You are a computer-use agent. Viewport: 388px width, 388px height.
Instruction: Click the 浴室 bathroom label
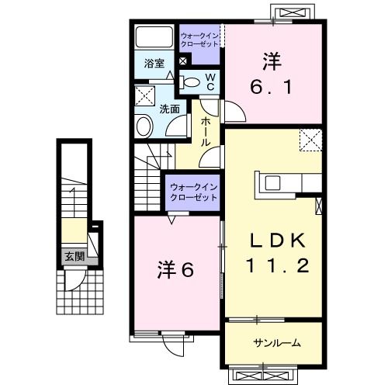click(x=153, y=64)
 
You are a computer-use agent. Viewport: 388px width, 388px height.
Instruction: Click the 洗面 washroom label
click(x=169, y=109)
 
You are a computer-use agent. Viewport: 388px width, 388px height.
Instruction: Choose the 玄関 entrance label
click(x=73, y=257)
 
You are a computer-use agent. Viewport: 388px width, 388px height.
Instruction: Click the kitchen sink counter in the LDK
click(x=275, y=183)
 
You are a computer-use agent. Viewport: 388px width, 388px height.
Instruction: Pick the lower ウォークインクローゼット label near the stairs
click(x=193, y=192)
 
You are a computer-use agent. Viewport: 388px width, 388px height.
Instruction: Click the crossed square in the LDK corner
click(x=310, y=140)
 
